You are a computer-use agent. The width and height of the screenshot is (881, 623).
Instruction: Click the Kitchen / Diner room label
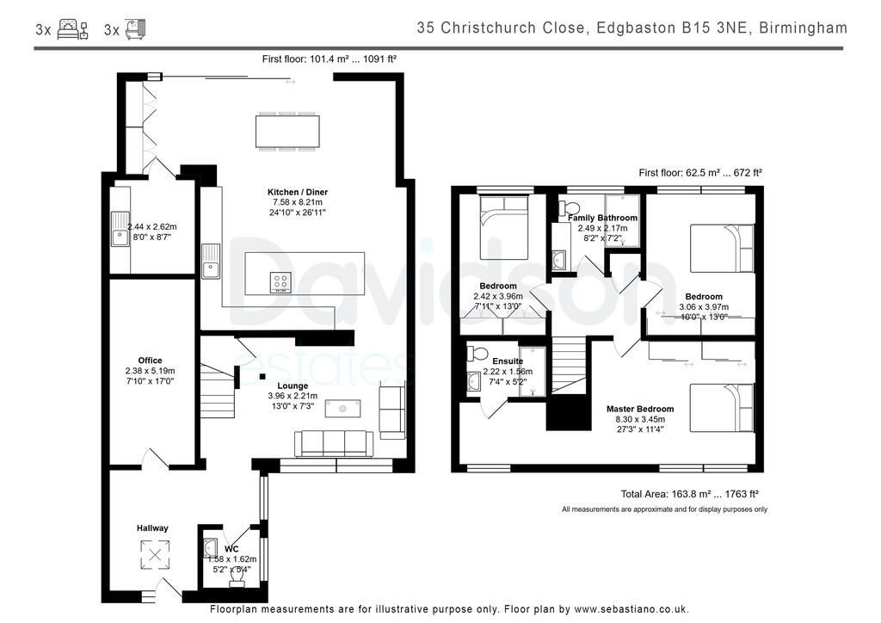(298, 192)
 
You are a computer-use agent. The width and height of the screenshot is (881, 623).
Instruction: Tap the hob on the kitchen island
(280, 281)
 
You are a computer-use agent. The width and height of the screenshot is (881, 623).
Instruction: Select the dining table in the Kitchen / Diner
(287, 132)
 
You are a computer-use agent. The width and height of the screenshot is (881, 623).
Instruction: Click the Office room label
(150, 361)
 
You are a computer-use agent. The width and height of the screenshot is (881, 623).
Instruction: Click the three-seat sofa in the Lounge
(334, 443)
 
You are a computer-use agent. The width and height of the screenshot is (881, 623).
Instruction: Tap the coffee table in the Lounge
(342, 409)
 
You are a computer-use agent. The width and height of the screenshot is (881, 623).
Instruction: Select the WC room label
(231, 548)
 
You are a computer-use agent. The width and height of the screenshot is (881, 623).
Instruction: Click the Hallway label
(152, 527)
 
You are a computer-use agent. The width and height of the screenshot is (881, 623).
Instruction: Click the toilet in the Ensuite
(477, 354)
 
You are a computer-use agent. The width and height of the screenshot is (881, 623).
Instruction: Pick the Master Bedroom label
(639, 409)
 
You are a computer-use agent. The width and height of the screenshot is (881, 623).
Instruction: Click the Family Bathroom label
(603, 218)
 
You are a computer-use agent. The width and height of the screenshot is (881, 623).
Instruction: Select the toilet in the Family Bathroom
(570, 209)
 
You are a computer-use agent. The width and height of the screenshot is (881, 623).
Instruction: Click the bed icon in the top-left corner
(73, 30)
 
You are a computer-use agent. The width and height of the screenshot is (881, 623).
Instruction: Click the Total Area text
(688, 494)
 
